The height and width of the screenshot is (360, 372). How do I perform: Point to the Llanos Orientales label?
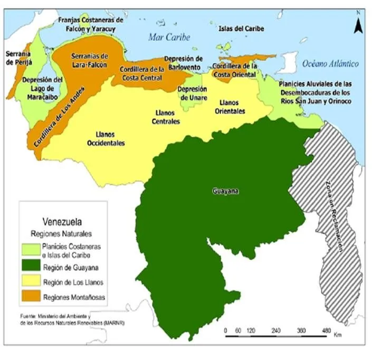pos(230,107)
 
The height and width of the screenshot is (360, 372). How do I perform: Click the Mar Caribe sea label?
pos(168,37)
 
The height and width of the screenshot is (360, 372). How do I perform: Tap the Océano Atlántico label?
pos(330,64)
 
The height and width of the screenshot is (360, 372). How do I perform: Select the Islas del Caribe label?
pos(241,29)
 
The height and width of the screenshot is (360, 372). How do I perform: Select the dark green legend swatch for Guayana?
pos(31,267)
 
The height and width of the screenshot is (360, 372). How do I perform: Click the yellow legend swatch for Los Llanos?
pos(31,282)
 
